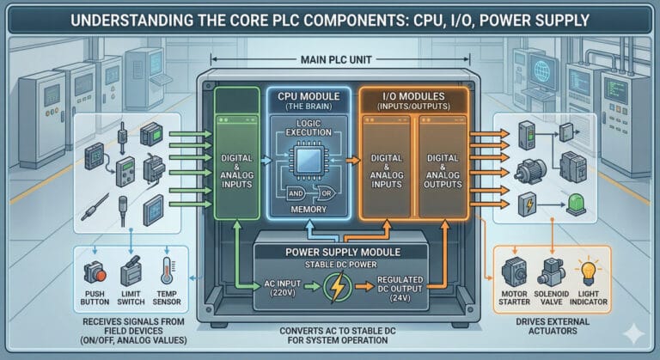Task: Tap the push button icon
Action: pos(94,272)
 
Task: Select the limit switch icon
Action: pos(131,273)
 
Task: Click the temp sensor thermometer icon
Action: pos(168,272)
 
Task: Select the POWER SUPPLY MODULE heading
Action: pos(330,251)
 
